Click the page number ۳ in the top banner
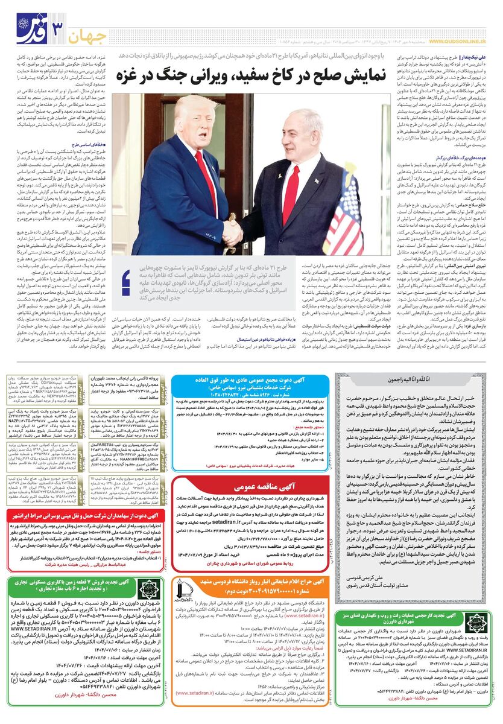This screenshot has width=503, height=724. (x=59, y=30)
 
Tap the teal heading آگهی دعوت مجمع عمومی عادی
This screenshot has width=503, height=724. (x=250, y=383)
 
